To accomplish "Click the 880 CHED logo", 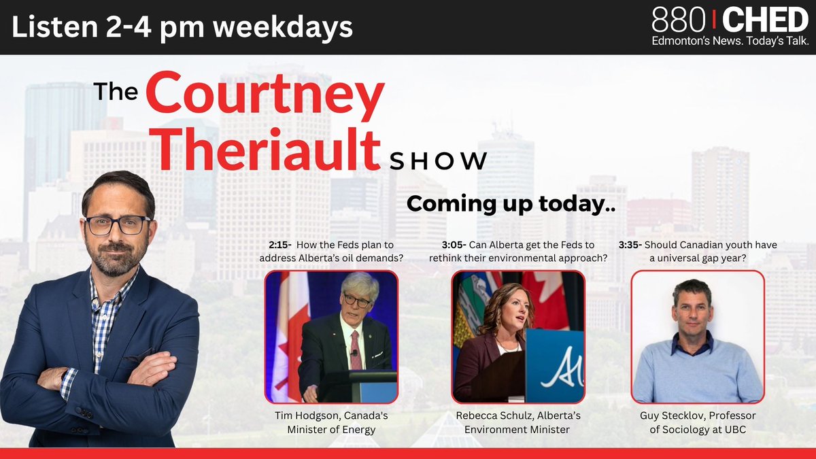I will (730, 20).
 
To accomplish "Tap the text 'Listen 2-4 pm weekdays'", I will (182, 27).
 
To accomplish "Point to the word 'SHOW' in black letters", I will (439, 161).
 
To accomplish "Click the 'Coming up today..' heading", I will (510, 204).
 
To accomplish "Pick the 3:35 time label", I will (630, 245).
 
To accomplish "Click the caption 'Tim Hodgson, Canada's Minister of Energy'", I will (331, 422).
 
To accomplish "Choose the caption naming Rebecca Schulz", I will (517, 422).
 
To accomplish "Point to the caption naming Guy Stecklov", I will (698, 422).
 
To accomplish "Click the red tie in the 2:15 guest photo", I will (356, 350).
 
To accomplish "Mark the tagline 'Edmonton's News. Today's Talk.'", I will (730, 41).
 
